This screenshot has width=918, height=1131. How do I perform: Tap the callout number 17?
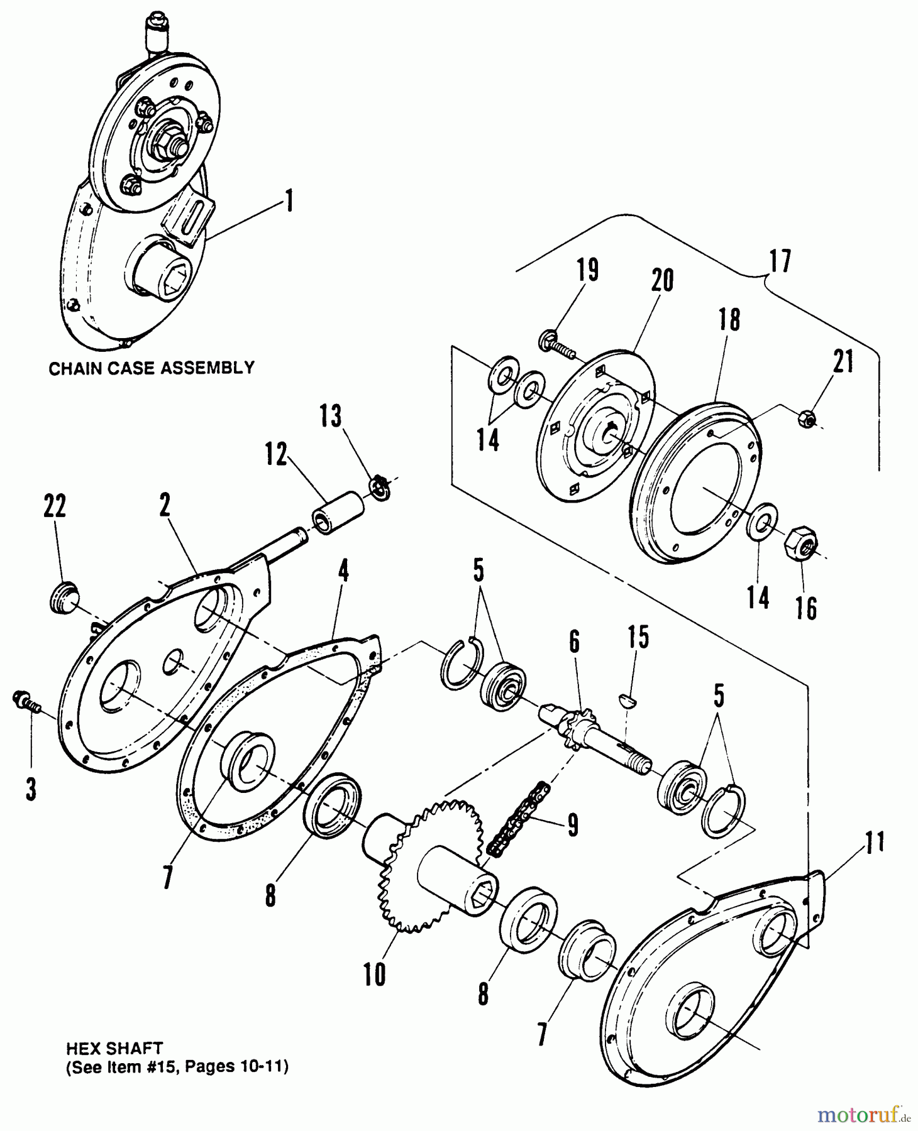tap(779, 260)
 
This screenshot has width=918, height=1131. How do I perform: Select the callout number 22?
tap(55, 506)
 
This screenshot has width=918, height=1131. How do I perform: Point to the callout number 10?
tap(374, 975)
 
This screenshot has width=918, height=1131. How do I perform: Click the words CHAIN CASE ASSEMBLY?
tap(152, 368)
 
